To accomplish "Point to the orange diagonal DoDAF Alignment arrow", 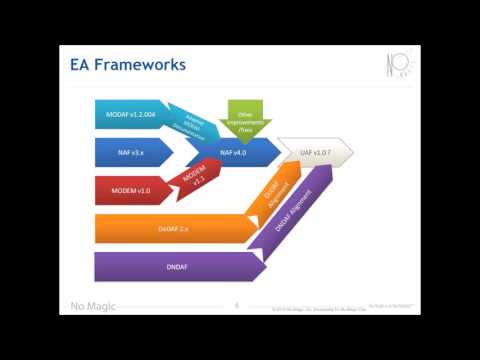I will (x=274, y=196).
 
